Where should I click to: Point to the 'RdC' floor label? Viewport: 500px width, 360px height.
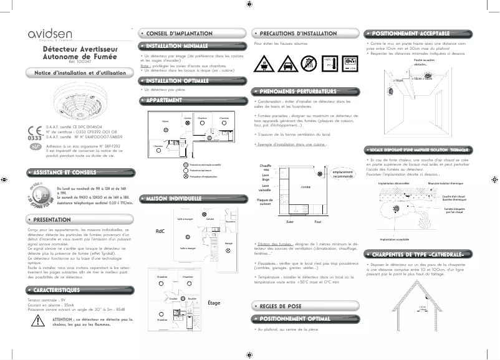tap(160, 230)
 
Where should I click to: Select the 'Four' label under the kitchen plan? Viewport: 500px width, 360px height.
tap(317, 222)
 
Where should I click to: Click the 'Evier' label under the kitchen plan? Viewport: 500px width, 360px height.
tap(289, 222)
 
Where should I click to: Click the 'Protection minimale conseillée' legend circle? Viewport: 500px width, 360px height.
tap(185, 164)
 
